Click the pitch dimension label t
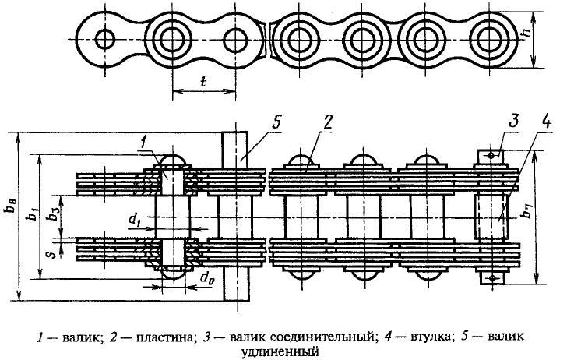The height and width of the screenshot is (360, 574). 203,82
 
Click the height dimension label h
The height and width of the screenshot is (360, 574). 526,35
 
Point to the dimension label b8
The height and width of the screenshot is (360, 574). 10,215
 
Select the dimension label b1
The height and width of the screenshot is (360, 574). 33,213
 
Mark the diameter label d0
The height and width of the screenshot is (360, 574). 206,278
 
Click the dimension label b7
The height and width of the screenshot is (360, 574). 526,212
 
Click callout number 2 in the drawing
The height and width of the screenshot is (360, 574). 327,122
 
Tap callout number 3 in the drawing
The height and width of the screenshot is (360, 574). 514,122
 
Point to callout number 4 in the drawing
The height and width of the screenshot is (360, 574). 544,122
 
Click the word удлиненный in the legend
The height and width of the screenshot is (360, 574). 280,353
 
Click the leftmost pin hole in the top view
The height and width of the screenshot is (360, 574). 105,39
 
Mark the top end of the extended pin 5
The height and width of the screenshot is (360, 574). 234,132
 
